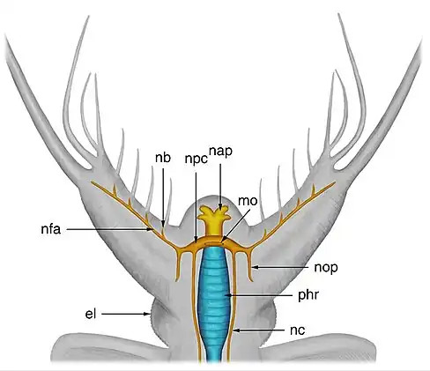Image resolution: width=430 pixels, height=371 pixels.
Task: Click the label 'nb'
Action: click(163, 158)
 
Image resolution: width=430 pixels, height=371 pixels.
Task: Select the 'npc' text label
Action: click(196, 160)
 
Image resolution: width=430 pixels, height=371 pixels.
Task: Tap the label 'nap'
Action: click(220, 152)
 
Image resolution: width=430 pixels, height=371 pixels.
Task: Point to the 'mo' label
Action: click(248, 201)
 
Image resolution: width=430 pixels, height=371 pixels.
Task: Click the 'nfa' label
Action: click(51, 229)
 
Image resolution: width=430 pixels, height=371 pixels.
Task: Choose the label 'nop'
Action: click(326, 268)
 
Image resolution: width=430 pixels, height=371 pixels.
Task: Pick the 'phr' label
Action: click(308, 295)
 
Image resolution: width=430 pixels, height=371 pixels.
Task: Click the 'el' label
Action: click(91, 314)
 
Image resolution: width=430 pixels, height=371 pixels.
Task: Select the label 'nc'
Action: click(298, 330)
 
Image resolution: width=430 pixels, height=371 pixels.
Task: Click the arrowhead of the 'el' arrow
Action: click(148, 314)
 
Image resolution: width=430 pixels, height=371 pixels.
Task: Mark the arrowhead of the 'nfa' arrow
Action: click(150, 229)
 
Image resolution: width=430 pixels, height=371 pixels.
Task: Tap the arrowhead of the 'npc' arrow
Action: click(196, 240)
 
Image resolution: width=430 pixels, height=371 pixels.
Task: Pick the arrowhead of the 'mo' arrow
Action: click(222, 241)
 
